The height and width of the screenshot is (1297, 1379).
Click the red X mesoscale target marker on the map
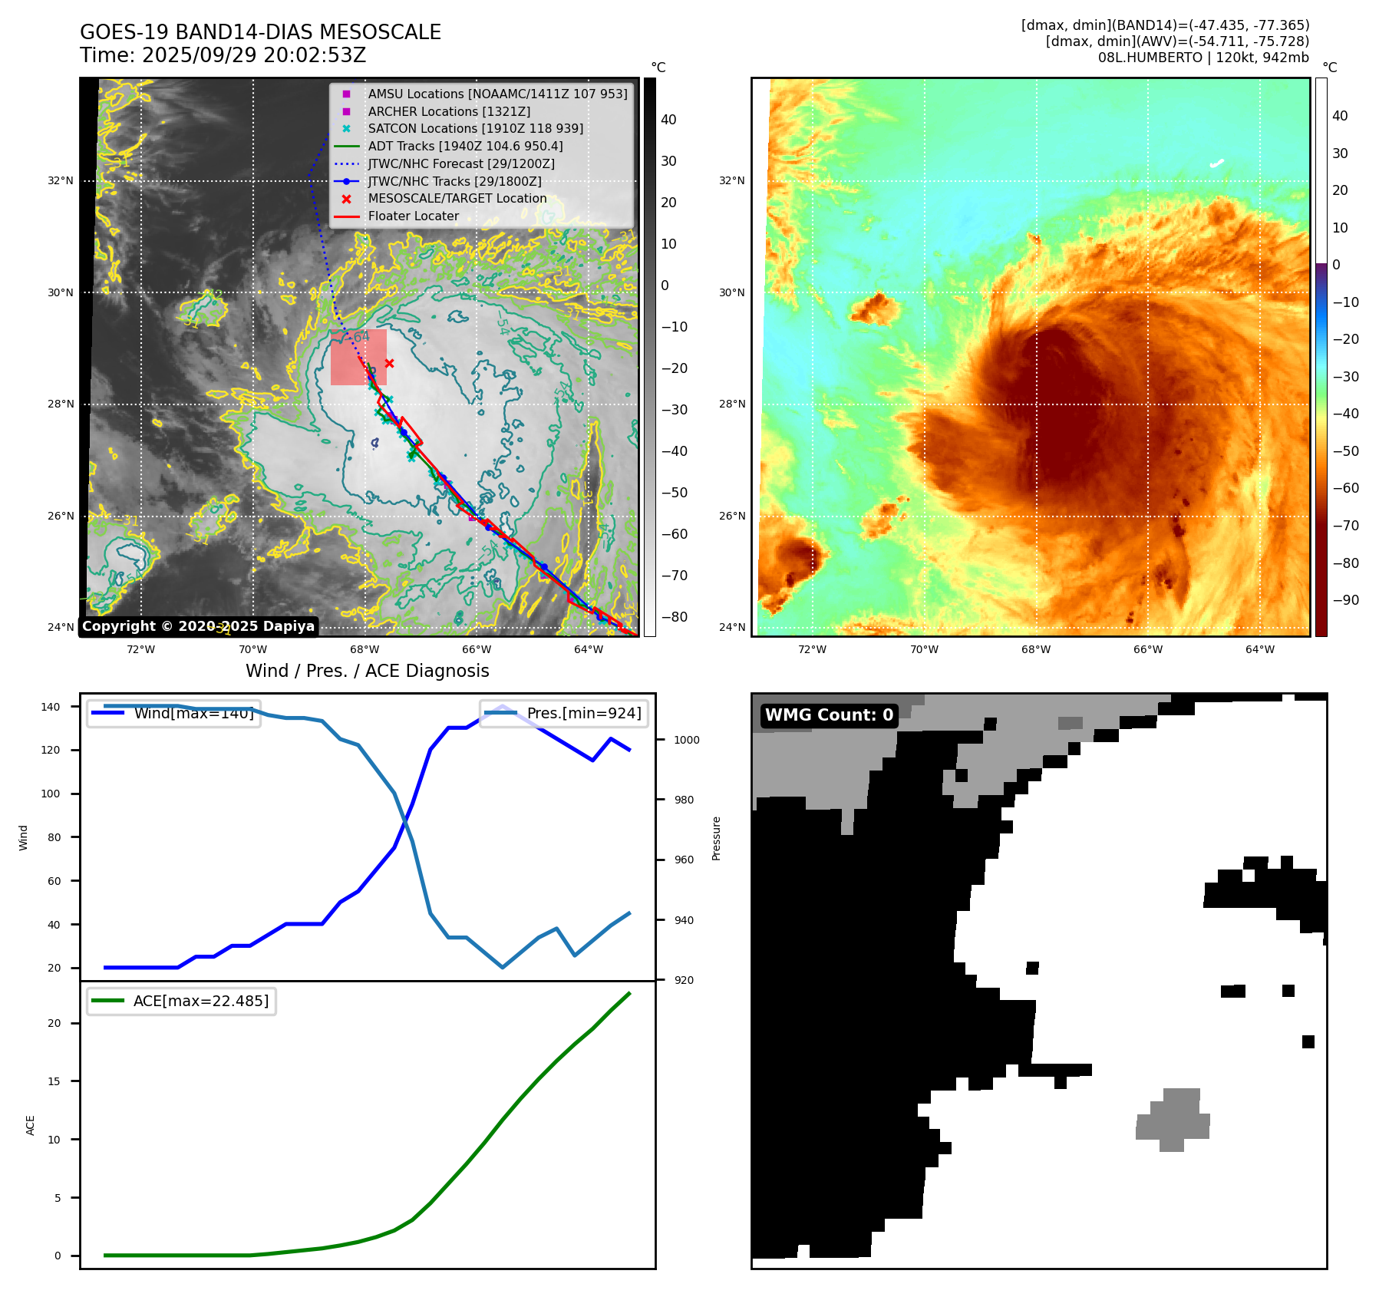pyautogui.click(x=389, y=363)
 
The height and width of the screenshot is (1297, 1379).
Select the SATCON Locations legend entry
pyautogui.click(x=475, y=129)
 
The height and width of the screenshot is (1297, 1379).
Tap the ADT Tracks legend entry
pyautogui.click(x=465, y=147)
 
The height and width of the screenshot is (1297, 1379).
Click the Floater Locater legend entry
pyautogui.click(x=413, y=216)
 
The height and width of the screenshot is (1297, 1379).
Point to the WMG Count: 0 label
pyautogui.click(x=829, y=715)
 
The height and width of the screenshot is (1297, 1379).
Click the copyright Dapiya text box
pyautogui.click(x=198, y=626)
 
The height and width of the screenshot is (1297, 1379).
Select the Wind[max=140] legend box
pyautogui.click(x=173, y=714)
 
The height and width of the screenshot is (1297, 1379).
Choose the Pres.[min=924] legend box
pyautogui.click(x=564, y=714)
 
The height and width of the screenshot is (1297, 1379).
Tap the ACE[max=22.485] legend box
pyautogui.click(x=182, y=1002)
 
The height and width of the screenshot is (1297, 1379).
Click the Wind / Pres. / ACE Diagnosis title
pyautogui.click(x=367, y=672)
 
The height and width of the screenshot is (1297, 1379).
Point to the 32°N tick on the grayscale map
pyautogui.click(x=61, y=181)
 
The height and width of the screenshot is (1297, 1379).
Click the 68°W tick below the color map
pyautogui.click(x=1036, y=649)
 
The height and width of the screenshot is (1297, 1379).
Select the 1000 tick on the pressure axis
pyautogui.click(x=686, y=741)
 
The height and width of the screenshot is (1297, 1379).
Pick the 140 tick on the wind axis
pyautogui.click(x=51, y=707)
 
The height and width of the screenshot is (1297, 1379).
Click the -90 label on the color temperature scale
pyautogui.click(x=1345, y=600)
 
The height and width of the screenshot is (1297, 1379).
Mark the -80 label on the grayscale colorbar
pyautogui.click(x=675, y=617)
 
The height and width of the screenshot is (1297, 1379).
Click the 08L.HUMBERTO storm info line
pyautogui.click(x=1203, y=58)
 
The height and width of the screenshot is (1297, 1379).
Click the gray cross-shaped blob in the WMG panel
pyautogui.click(x=1173, y=1120)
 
